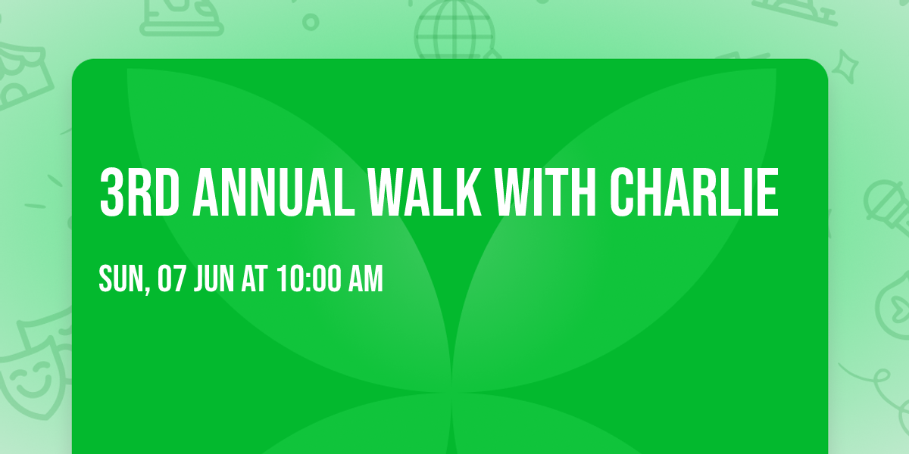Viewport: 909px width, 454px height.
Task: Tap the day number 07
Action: click(170, 279)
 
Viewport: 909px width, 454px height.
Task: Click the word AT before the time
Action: click(254, 279)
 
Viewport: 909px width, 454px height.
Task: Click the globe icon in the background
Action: click(454, 30)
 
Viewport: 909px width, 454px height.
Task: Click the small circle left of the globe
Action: click(311, 22)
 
